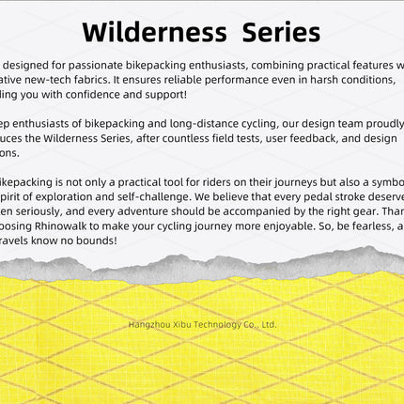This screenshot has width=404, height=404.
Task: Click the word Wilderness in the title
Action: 154,33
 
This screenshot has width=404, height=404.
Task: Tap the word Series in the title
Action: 281,33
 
